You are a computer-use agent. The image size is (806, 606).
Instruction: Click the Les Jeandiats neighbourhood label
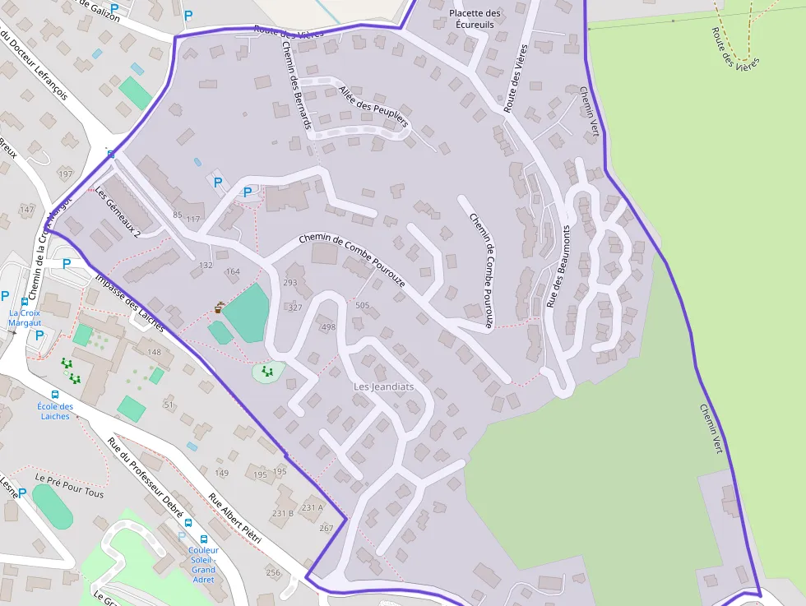pyautogui.click(x=383, y=386)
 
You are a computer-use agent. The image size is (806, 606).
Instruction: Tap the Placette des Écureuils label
pyautogui.click(x=475, y=19)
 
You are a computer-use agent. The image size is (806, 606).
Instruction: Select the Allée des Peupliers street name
pyautogui.click(x=373, y=107)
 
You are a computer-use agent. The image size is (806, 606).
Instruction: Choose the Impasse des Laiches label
pyautogui.click(x=129, y=302)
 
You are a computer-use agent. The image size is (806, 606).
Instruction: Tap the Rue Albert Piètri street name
pyautogui.click(x=234, y=518)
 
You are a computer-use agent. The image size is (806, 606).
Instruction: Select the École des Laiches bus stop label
pyautogui.click(x=55, y=411)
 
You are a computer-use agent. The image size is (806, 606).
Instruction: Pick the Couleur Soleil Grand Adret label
pyautogui.click(x=203, y=565)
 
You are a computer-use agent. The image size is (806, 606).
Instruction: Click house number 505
pyautogui.click(x=362, y=305)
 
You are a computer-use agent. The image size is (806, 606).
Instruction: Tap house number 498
pyautogui.click(x=328, y=327)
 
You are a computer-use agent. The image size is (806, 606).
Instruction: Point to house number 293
pyautogui.click(x=290, y=283)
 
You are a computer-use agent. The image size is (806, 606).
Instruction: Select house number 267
pyautogui.click(x=326, y=528)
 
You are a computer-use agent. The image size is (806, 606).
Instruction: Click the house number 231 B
pyautogui.click(x=282, y=513)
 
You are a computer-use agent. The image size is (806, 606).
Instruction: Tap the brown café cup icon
pyautogui.click(x=218, y=308)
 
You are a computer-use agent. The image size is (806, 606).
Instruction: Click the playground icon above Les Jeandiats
pyautogui.click(x=266, y=372)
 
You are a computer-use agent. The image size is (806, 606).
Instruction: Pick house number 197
pyautogui.click(x=66, y=174)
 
